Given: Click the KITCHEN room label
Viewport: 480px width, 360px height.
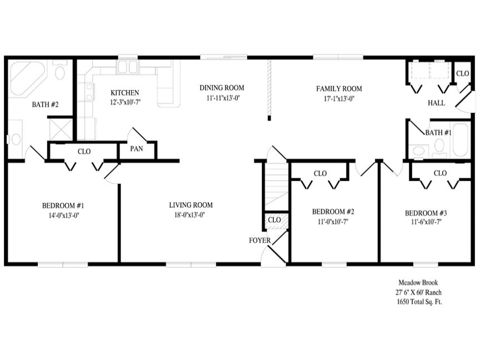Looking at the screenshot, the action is (124, 93).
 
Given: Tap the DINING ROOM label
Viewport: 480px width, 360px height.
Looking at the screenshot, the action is (222, 88).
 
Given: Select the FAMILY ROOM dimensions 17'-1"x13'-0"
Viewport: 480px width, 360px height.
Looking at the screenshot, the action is (339, 98).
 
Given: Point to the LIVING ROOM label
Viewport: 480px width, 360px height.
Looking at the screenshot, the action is (191, 205).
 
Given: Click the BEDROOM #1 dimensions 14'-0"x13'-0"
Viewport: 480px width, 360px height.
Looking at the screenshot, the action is (64, 215).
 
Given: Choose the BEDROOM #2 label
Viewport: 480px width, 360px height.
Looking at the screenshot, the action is (333, 212).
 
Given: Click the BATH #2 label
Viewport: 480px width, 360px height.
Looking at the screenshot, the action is (45, 104).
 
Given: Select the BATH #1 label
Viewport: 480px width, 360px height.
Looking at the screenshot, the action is (438, 133).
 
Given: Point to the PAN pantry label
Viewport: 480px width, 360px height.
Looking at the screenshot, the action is (137, 149).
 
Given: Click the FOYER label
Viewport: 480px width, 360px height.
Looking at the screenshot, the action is (259, 241).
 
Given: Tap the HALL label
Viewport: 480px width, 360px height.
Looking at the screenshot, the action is (436, 103).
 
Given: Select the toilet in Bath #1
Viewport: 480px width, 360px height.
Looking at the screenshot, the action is (439, 147).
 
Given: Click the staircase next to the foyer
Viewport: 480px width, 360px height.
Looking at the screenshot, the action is (276, 186).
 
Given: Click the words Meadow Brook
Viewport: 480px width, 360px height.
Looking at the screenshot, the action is (418, 283).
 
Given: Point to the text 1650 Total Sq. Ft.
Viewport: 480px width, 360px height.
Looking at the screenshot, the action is (419, 302).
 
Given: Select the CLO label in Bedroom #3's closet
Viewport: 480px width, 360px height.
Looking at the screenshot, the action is (440, 173).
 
